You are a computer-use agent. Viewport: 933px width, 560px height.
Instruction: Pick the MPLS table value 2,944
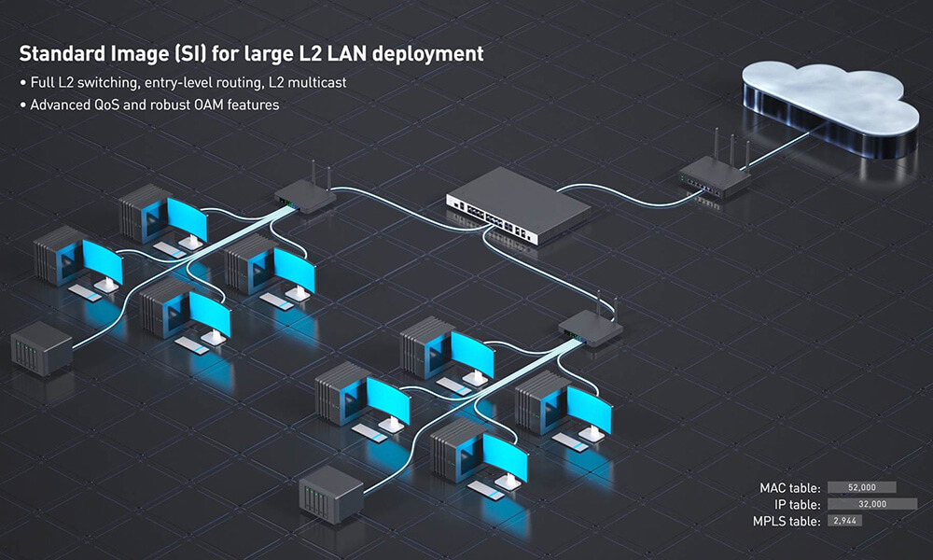[x=836, y=520]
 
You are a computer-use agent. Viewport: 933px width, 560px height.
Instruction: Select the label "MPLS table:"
[x=786, y=520]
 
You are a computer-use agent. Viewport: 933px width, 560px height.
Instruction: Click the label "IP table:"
[x=796, y=504]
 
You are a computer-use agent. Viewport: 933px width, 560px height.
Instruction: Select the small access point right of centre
[x=591, y=328]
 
